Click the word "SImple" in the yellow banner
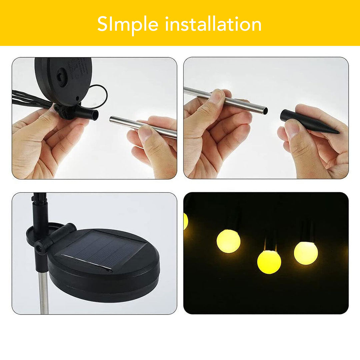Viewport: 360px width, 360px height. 128,25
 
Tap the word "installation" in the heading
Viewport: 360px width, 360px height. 213,24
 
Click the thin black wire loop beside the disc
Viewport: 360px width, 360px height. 100,95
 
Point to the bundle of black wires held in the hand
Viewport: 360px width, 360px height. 30,99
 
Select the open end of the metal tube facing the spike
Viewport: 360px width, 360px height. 265,110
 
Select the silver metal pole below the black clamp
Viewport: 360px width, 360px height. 43,293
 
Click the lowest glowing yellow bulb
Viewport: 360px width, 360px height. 269,262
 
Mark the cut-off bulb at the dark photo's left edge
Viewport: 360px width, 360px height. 186,221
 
